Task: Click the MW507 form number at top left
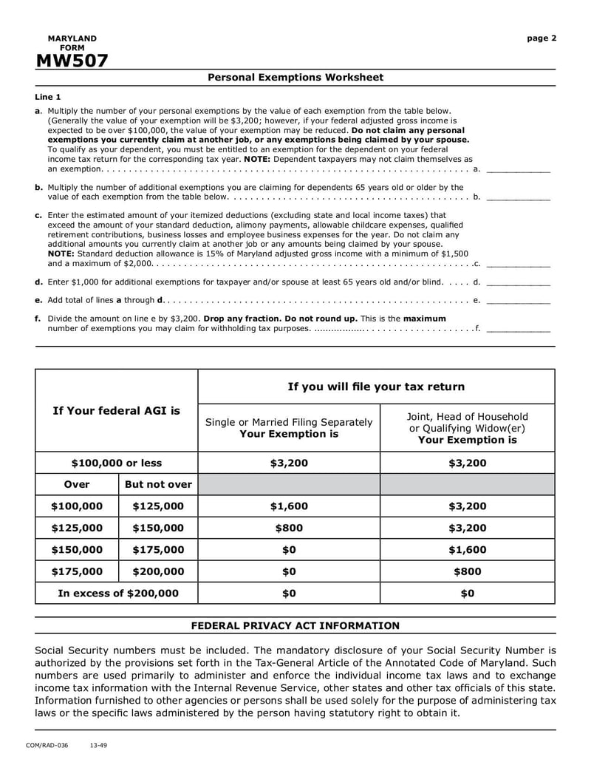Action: [x=71, y=61]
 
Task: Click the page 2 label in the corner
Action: [x=542, y=38]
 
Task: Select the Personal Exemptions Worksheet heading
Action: [x=295, y=78]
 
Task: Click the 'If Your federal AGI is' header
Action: [x=117, y=410]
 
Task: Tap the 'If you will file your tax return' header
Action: [x=376, y=387]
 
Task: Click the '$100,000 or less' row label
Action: [x=117, y=463]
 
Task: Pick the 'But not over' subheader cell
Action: [x=158, y=485]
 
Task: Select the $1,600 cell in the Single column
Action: [x=289, y=506]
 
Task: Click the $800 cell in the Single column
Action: [x=289, y=528]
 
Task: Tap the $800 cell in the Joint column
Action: [x=467, y=571]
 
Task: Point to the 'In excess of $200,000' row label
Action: [x=117, y=593]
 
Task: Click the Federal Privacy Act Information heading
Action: [x=295, y=625]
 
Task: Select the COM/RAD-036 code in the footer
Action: [x=47, y=746]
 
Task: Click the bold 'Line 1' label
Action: [x=48, y=97]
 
